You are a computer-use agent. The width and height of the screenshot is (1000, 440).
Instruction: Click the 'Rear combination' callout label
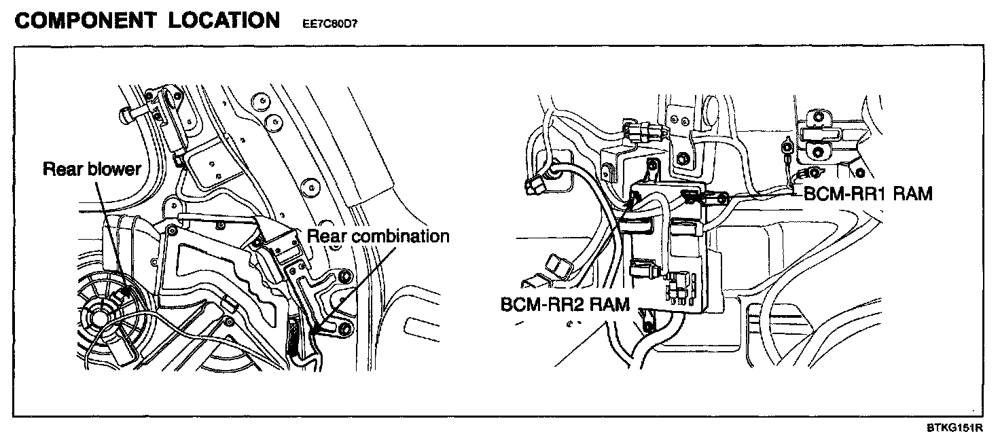(378, 236)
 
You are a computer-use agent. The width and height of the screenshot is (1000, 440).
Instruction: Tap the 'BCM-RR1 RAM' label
(868, 194)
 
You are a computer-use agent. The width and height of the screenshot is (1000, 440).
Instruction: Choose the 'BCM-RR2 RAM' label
(565, 304)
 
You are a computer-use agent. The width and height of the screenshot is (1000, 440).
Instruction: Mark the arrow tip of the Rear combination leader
(315, 330)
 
